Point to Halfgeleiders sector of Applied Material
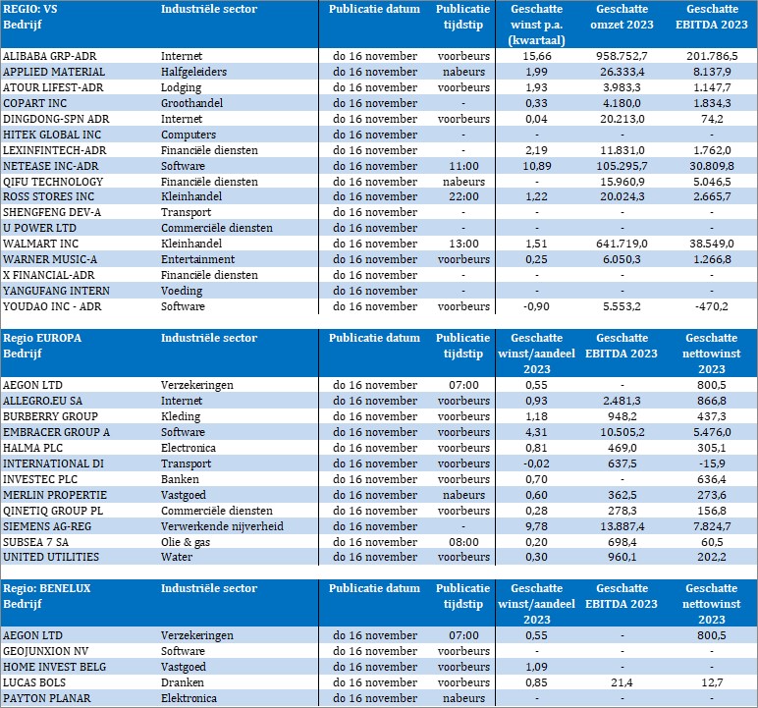pos(197,73)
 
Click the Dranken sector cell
pos(182,682)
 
